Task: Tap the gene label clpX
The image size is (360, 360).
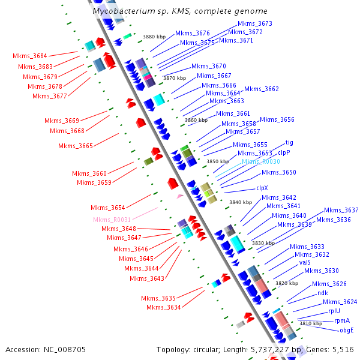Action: (x=262, y=188)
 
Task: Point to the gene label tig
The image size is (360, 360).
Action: (x=289, y=143)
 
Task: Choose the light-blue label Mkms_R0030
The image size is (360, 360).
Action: (x=260, y=162)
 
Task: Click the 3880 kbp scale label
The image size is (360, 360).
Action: (x=154, y=37)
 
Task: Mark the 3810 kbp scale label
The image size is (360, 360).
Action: (x=311, y=323)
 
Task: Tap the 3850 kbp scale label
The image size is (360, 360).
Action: (x=217, y=161)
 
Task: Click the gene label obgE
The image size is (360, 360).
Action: (x=347, y=329)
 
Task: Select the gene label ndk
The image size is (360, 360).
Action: (x=323, y=293)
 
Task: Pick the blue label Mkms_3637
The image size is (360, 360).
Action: (x=341, y=210)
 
